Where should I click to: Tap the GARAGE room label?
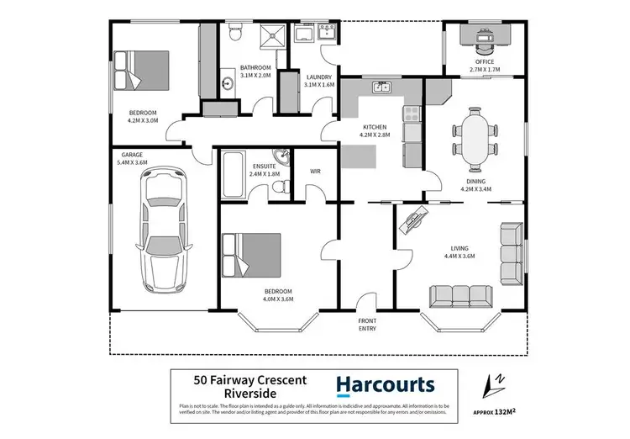[x=131, y=155]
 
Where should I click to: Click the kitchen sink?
[x=382, y=86]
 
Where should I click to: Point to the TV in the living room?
[x=415, y=223]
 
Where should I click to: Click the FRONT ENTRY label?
[x=367, y=324]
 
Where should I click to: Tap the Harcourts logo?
[x=386, y=386]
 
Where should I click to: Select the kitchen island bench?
[x=360, y=156]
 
